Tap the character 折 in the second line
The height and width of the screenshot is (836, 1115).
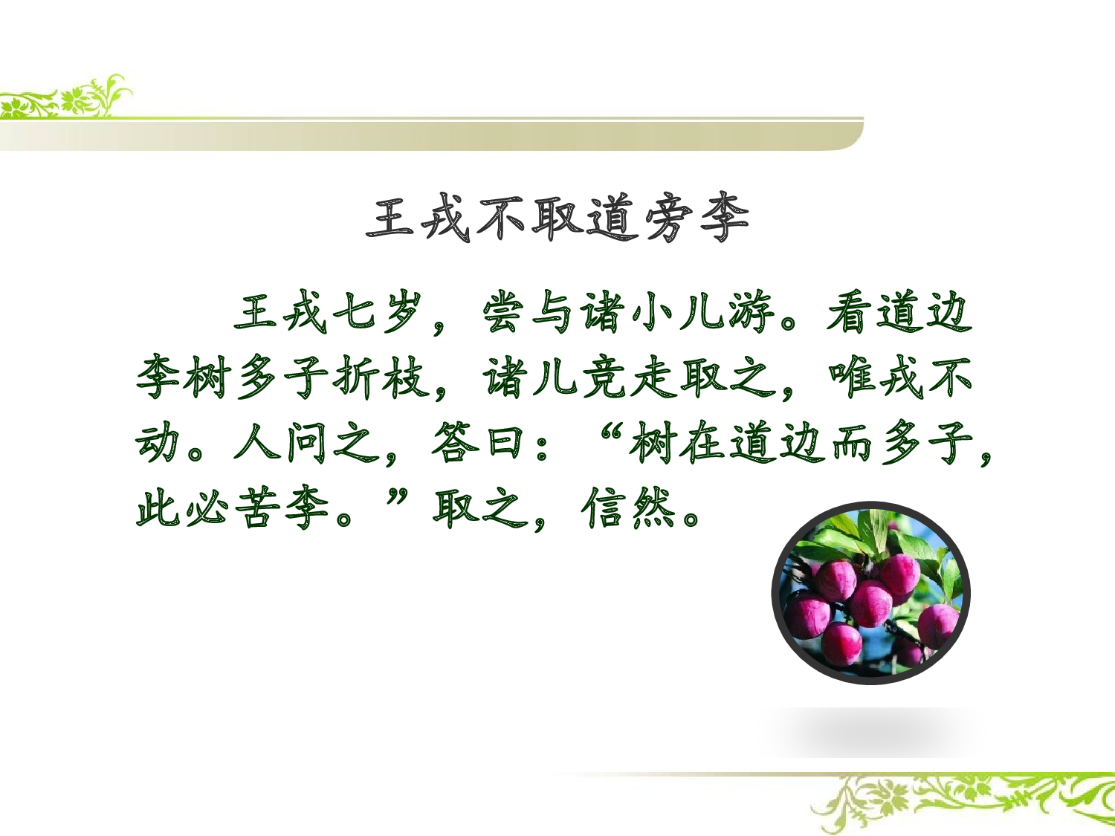pos(355,377)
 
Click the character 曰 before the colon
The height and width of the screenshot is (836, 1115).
pos(503,443)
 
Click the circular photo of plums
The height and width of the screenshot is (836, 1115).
pos(870,592)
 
